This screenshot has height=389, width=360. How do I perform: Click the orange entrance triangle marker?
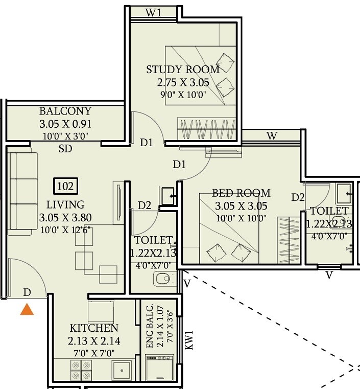(27, 309)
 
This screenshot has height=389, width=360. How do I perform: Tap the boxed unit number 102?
(65, 186)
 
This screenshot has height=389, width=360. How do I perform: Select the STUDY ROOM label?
(183, 70)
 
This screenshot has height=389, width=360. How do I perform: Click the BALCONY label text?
(65, 111)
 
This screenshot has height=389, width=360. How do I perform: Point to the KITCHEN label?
(94, 328)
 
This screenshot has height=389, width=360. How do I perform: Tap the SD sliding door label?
(65, 149)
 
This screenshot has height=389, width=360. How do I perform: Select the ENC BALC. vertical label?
(150, 327)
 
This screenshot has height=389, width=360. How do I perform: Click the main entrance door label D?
(27, 292)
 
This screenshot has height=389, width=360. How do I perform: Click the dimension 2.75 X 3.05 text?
(183, 82)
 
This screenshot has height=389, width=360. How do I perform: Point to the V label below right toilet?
(329, 276)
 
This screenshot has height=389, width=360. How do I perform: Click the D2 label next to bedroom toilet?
(298, 197)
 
